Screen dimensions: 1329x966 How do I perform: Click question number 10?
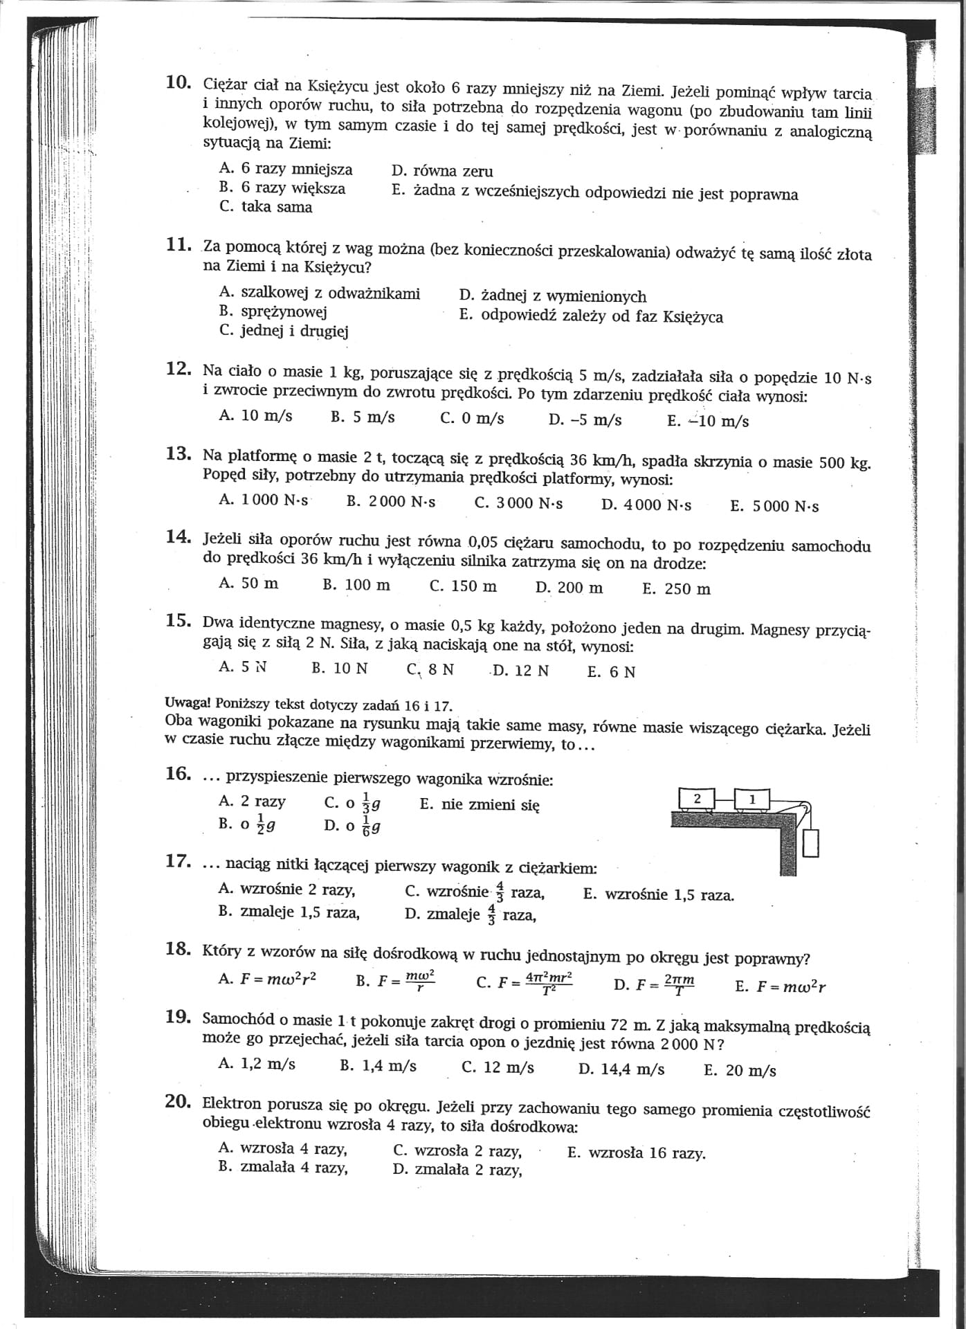(178, 82)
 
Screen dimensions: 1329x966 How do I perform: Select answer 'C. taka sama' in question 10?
(266, 207)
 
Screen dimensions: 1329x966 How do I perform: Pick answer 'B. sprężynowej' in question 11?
(273, 311)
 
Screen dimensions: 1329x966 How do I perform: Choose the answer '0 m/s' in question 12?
(472, 419)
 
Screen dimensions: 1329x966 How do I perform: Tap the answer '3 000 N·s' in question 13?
(519, 503)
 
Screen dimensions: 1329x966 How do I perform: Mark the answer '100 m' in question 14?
(356, 585)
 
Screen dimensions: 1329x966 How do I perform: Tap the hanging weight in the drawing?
(811, 842)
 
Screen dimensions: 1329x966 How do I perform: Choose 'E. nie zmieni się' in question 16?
(479, 805)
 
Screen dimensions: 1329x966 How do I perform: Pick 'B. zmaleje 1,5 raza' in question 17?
(289, 912)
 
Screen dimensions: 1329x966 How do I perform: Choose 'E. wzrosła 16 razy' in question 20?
(637, 1153)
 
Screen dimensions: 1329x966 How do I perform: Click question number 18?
(178, 949)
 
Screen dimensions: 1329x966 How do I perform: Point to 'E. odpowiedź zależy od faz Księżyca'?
(591, 316)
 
